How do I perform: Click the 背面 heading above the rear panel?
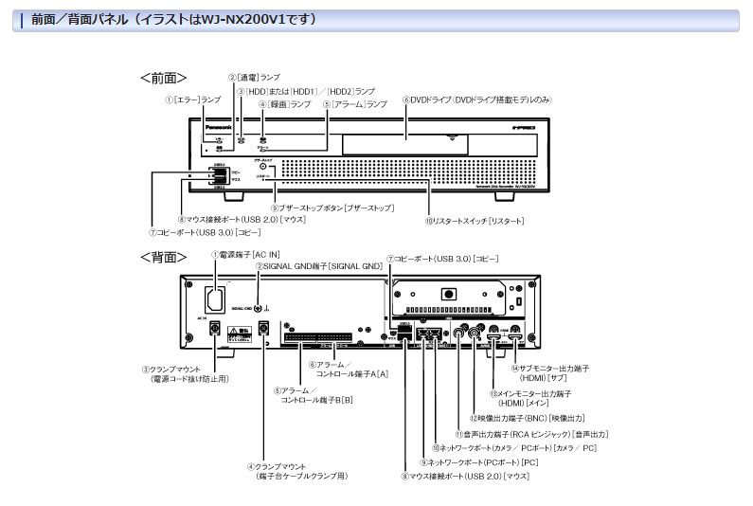pyautogui.click(x=163, y=257)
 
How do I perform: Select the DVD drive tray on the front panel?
pyautogui.click(x=403, y=142)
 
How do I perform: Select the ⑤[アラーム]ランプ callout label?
pyautogui.click(x=354, y=103)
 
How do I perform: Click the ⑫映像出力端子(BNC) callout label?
pyautogui.click(x=530, y=418)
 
